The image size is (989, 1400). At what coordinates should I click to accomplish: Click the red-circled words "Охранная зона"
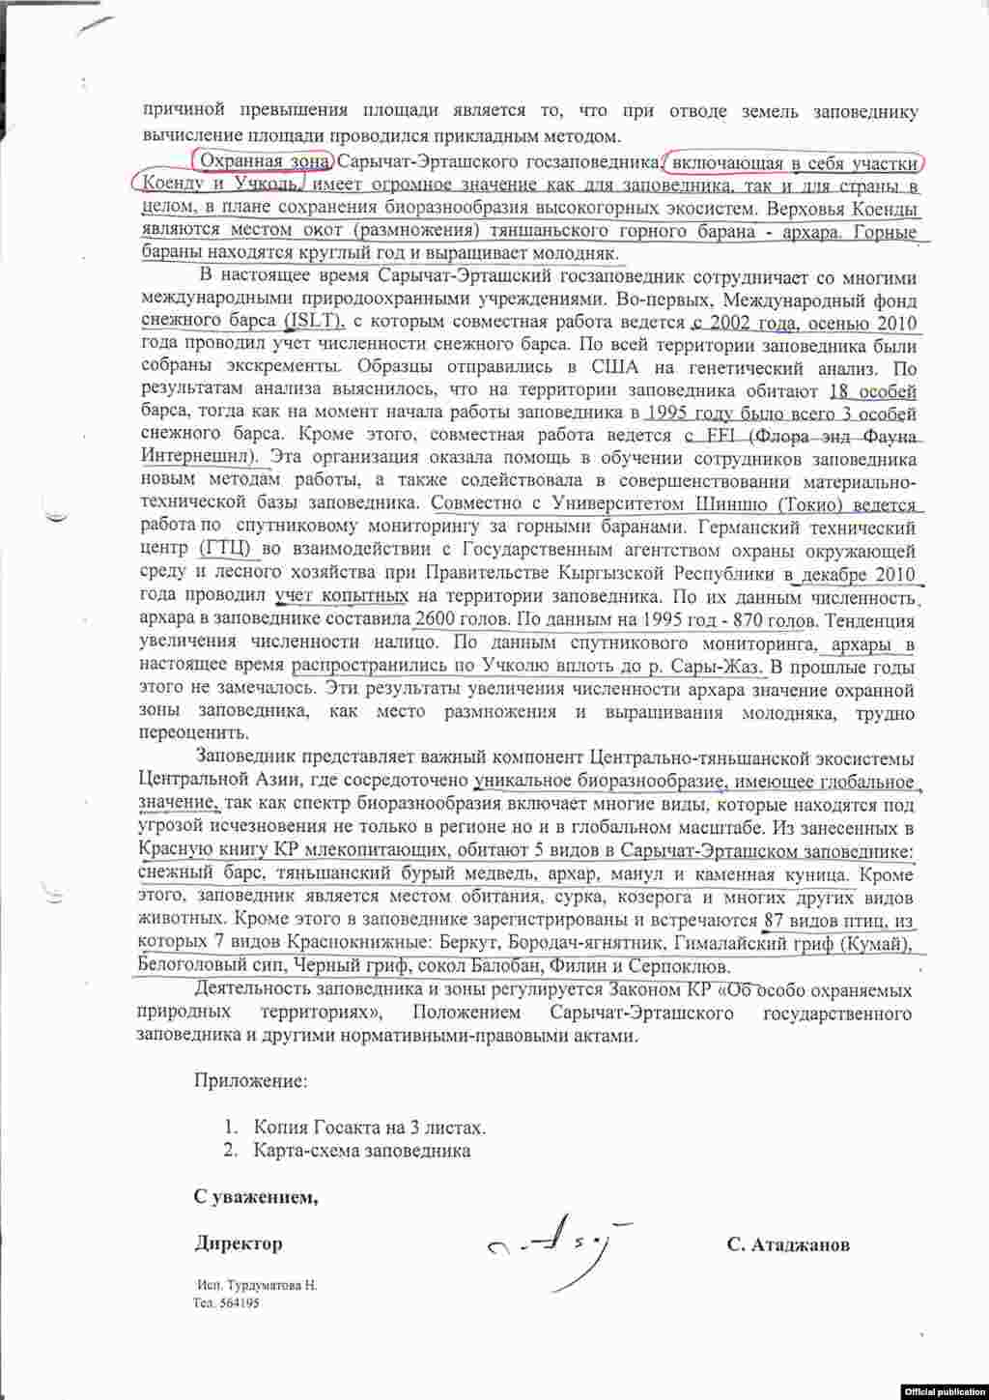coord(262,160)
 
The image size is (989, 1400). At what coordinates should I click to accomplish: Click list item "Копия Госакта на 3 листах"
coord(369,1128)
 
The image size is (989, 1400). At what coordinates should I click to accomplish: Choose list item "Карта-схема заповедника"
coord(361,1151)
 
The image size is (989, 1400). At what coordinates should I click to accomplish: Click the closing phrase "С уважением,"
coord(256,1198)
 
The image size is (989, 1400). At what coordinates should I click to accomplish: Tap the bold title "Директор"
coord(238,1244)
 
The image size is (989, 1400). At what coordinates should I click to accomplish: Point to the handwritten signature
coord(551,1242)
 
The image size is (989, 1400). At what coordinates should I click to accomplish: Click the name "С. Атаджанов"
coord(788,1244)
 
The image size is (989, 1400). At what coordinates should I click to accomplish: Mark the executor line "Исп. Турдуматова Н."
coord(256,1286)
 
